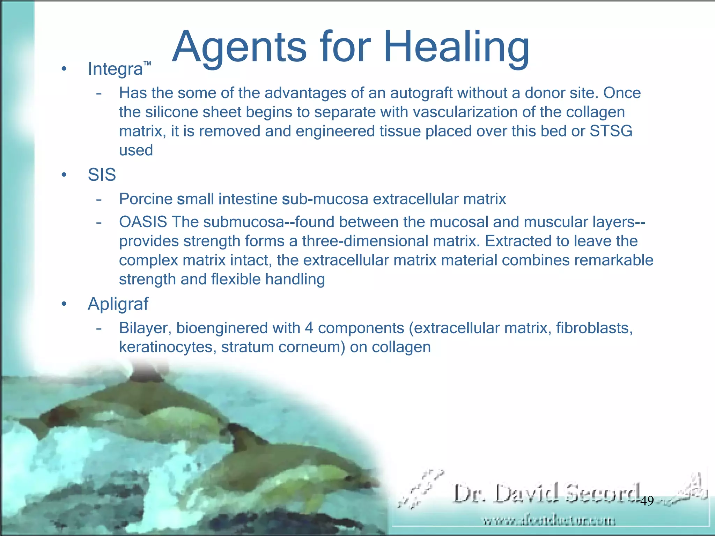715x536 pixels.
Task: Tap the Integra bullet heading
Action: (115, 69)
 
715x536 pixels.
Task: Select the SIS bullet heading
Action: (102, 174)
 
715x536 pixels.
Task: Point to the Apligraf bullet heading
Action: (118, 304)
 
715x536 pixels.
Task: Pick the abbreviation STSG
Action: (611, 131)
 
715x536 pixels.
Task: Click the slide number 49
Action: (647, 501)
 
